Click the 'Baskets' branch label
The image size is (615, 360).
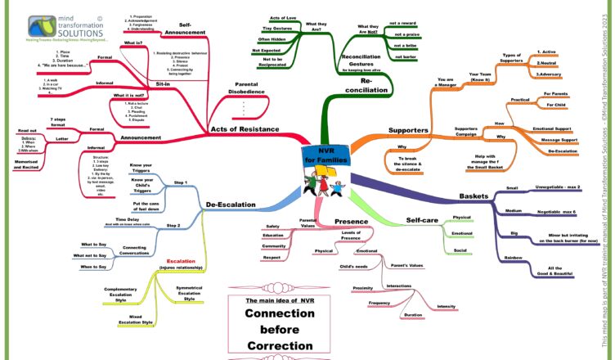click(474, 196)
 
